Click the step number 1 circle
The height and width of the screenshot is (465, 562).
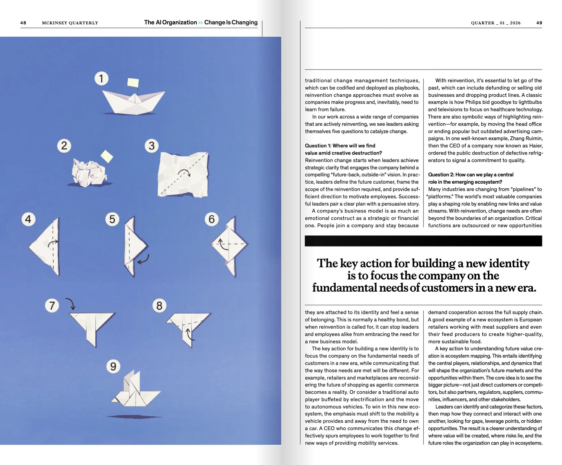[101, 78]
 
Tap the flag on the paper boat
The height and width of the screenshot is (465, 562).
[133, 83]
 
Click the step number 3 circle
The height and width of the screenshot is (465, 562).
[152, 146]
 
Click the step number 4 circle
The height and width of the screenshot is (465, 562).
[28, 219]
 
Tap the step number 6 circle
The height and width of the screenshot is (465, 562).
[211, 219]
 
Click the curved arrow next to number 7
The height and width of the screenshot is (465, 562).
[71, 304]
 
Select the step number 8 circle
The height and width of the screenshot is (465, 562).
[159, 306]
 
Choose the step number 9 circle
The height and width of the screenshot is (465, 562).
[113, 366]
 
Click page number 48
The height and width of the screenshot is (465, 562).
[23, 23]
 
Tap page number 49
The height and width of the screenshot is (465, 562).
[539, 23]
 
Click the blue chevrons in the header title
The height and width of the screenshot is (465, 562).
[200, 22]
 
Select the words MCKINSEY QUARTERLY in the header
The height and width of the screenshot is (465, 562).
[70, 23]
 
